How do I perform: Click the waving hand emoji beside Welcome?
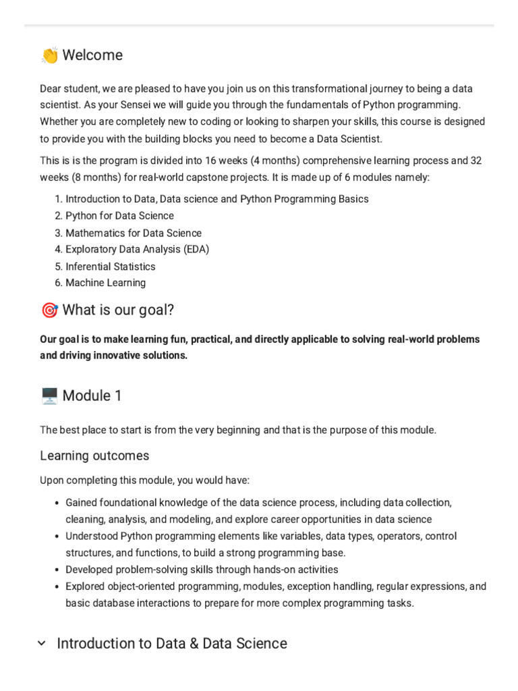pos(49,55)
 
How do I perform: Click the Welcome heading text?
pos(92,55)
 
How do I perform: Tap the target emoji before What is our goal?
pos(49,310)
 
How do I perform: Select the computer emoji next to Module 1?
pos(49,396)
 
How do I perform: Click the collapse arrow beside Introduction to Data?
pos(42,644)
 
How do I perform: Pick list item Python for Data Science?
pos(119,216)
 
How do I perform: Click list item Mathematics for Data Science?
pos(133,233)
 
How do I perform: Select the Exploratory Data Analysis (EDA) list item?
pos(137,250)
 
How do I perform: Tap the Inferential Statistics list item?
pos(110,267)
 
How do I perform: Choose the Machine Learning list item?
pos(105,283)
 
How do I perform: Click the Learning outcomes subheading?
pos(94,456)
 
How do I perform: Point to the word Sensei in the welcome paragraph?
pos(175,105)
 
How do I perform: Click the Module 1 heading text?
pos(92,396)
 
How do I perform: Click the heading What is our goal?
pos(118,310)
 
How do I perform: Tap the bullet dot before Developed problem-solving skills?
pos(56,570)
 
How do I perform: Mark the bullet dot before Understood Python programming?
pos(56,536)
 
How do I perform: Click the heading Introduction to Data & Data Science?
pos(172,644)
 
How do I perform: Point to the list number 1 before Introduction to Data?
pos(58,199)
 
